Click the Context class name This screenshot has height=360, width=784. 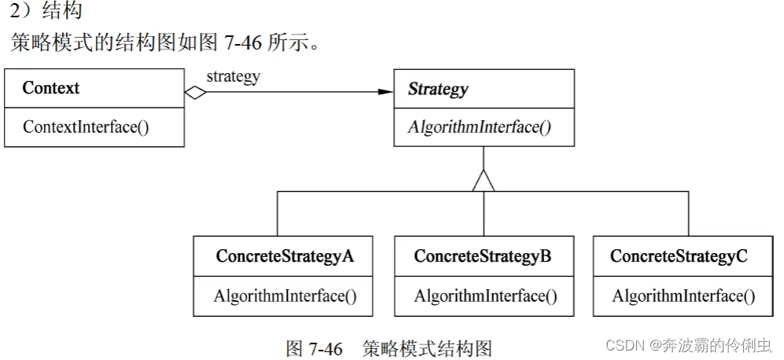[x=51, y=88]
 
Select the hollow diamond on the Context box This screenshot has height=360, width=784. [x=195, y=92]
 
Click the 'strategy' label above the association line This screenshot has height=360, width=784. [x=233, y=76]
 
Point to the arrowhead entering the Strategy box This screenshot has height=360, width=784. [x=385, y=92]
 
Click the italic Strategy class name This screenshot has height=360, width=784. [x=438, y=89]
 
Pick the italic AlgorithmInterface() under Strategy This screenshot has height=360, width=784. [x=479, y=127]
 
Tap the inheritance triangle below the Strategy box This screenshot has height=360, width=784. [x=484, y=180]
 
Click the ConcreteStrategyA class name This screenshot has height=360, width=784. [x=284, y=256]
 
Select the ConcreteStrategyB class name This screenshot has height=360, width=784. [x=483, y=256]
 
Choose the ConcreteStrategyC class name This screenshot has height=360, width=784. [x=679, y=256]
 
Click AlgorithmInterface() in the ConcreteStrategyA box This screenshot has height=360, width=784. [x=285, y=296]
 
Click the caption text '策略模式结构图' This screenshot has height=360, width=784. [x=426, y=347]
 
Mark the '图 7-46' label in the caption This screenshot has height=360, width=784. [x=315, y=347]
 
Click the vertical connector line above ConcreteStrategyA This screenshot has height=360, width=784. [x=278, y=212]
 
